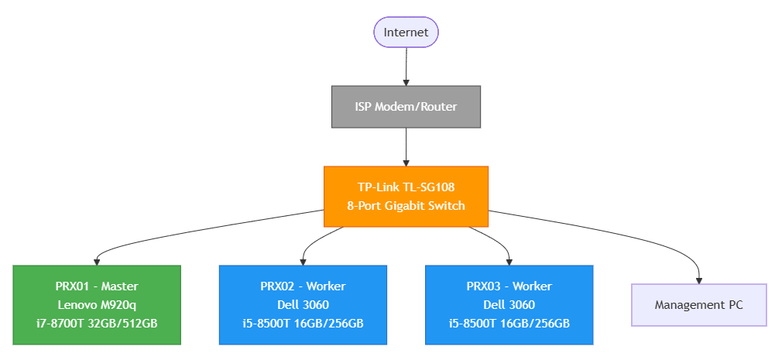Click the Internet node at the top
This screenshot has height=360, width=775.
[406, 33]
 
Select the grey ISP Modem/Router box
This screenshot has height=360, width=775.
[406, 107]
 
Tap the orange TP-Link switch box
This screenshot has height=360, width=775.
[406, 197]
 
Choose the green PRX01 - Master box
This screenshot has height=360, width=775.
[96, 305]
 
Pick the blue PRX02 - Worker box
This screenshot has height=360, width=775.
[303, 305]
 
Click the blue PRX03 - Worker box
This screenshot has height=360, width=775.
[509, 305]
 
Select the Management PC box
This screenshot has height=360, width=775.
[698, 305]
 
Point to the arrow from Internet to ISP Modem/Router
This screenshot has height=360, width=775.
[406, 67]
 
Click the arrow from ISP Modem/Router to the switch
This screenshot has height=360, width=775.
[406, 147]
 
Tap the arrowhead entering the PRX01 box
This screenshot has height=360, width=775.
[96, 261]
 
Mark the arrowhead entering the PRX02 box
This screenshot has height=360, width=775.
[303, 261]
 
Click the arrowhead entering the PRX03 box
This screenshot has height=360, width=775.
[509, 261]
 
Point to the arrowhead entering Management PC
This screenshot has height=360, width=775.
[698, 279]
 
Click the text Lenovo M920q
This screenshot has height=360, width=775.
[96, 305]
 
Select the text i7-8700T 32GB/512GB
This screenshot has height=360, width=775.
[96, 323]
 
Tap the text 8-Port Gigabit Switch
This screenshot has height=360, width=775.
[406, 206]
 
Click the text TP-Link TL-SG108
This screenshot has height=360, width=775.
[406, 187]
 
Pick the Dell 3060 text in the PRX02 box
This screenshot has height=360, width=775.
[303, 305]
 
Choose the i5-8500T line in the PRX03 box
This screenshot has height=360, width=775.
[509, 323]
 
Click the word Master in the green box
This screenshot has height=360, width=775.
[121, 286]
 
